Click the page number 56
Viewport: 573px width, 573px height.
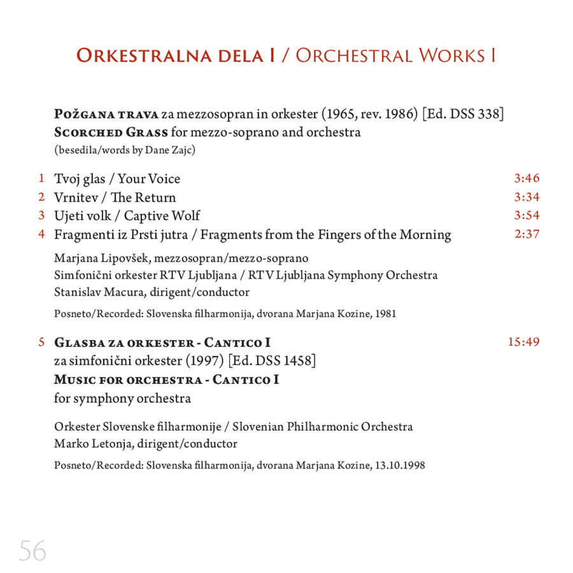[32, 551]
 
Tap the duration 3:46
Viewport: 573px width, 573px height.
[527, 178]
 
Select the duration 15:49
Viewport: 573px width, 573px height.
[523, 342]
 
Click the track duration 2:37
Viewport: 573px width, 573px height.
[527, 234]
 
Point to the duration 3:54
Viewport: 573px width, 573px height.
[527, 215]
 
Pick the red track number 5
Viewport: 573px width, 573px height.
[41, 343]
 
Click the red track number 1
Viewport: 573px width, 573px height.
[41, 178]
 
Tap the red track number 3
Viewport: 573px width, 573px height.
[41, 215]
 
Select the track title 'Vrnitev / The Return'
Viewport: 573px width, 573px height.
[115, 197]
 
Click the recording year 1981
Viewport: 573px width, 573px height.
[386, 313]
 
